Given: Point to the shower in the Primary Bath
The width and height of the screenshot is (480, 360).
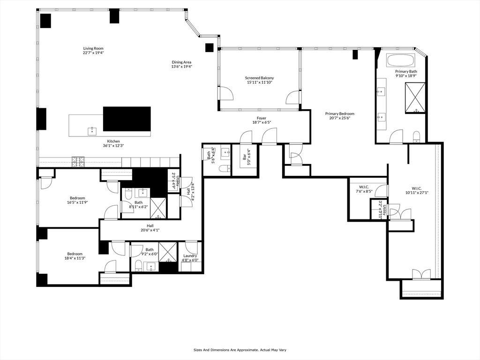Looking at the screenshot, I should [x=415, y=97].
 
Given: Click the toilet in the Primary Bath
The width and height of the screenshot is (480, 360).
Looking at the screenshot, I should [x=416, y=137].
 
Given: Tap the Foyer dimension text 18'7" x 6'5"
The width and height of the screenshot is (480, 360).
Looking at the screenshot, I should [x=261, y=122].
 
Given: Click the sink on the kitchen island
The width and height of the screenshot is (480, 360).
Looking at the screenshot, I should [x=92, y=130].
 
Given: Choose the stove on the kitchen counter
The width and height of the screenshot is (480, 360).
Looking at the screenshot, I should [x=78, y=161].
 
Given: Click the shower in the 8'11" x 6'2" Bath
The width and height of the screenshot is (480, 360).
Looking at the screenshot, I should [x=158, y=208].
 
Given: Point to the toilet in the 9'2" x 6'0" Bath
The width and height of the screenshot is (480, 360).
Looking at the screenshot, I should [x=138, y=266].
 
